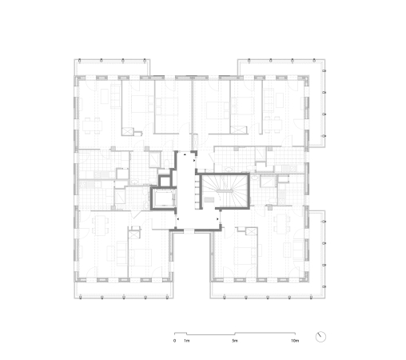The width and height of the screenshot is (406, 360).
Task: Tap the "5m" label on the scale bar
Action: click(234, 341)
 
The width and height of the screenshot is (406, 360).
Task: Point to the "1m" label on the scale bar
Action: click(186, 341)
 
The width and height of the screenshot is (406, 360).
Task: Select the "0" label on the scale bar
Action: click(174, 341)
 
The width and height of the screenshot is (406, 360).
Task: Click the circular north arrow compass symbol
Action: click(321, 336)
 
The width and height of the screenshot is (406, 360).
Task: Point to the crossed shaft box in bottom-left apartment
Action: click(133, 231)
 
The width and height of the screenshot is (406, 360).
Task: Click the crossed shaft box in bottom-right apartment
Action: click(251, 231)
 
